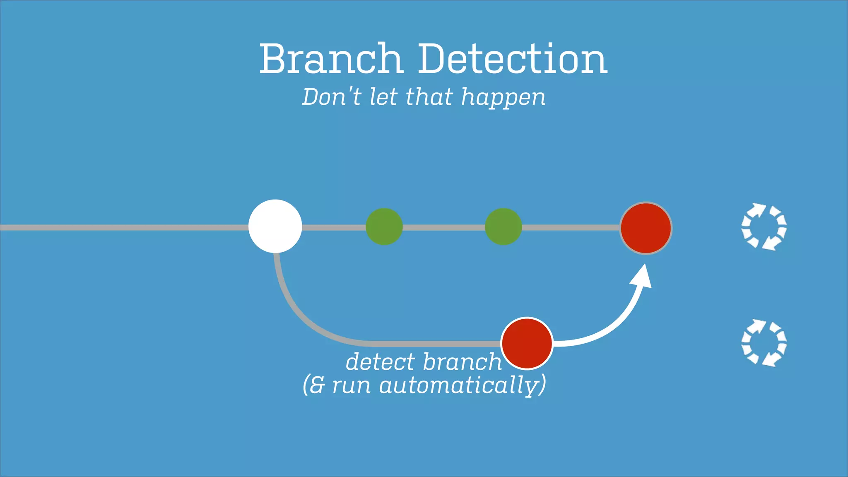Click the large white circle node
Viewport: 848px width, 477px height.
pos(275,226)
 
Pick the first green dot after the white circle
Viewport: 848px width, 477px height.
pos(384,226)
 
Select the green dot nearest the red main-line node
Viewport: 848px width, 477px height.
pos(503,226)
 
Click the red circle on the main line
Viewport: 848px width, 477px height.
pos(646,228)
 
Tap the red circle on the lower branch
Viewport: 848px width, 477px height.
pos(527,343)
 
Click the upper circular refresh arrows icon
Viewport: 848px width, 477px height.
pos(764,226)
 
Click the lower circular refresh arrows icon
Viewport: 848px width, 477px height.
pos(764,343)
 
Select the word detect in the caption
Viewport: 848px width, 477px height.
pos(380,362)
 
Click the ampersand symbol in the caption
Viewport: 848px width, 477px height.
pos(317,385)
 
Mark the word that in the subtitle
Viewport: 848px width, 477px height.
pos(429,97)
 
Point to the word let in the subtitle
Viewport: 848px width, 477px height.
pos(384,97)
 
